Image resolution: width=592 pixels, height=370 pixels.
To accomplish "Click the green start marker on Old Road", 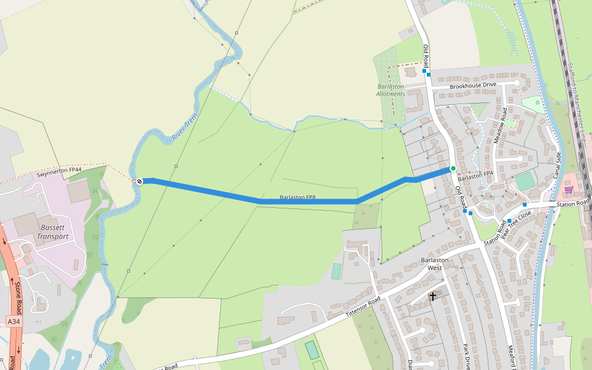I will [453, 168].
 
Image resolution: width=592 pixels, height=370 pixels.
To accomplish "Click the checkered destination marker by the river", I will [140, 181].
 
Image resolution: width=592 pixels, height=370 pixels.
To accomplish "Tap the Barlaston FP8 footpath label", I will [298, 198].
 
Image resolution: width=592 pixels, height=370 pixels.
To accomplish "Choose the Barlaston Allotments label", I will [390, 90].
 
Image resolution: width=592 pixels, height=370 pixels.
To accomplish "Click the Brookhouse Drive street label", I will [473, 85].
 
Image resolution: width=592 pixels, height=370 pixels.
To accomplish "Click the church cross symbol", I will [433, 297].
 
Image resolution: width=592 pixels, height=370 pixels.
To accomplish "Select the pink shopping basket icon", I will [569, 189].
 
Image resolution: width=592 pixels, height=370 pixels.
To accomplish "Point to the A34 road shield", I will [14, 321].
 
